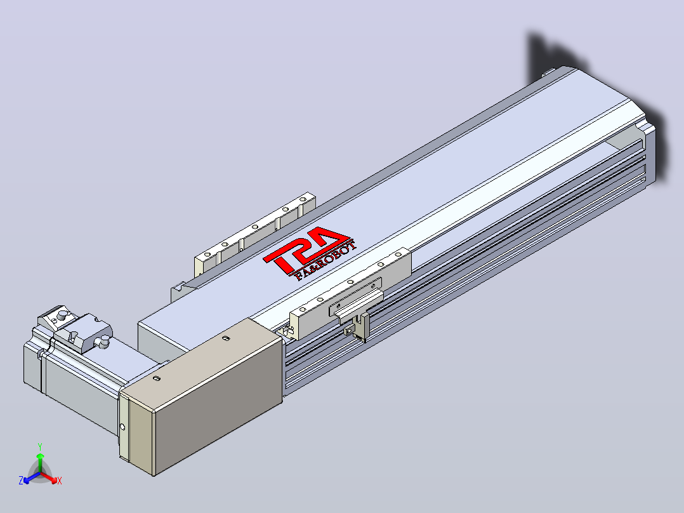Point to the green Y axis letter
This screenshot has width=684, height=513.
[x=40, y=446]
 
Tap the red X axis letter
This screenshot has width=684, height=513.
[x=60, y=481]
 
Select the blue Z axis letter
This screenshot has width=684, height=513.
[x=21, y=480]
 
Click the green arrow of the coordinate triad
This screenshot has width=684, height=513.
[x=40, y=463]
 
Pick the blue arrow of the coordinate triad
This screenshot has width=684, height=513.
[x=32, y=477]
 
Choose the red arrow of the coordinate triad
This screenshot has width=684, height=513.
[x=49, y=477]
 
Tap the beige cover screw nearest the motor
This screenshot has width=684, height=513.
[x=157, y=378]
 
